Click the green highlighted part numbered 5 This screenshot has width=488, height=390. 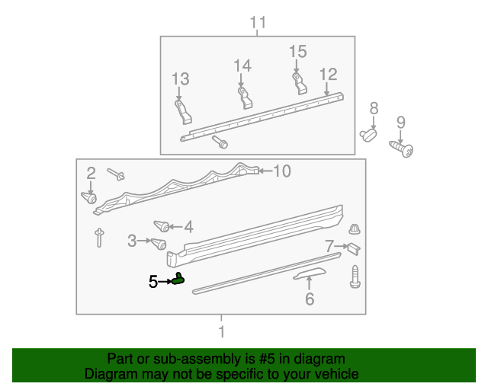(178, 280)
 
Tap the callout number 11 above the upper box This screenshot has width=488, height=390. (258, 22)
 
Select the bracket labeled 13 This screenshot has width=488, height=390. (183, 112)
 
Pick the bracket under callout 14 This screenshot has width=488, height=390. (245, 98)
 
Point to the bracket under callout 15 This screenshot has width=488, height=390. (300, 83)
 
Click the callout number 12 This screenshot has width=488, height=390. (329, 75)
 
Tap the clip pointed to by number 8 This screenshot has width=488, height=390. (368, 136)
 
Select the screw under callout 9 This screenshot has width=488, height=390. (402, 149)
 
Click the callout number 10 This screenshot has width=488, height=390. (282, 171)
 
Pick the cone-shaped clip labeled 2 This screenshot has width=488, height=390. (89, 198)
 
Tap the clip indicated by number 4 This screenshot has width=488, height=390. (162, 226)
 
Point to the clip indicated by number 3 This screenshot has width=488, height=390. (159, 244)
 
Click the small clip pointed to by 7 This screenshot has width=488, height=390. (354, 248)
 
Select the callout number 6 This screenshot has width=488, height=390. (310, 299)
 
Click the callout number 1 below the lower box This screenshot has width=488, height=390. (222, 331)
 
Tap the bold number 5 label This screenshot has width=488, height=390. (153, 282)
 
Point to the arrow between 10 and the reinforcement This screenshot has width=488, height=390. (265, 171)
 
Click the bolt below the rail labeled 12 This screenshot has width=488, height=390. (220, 142)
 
